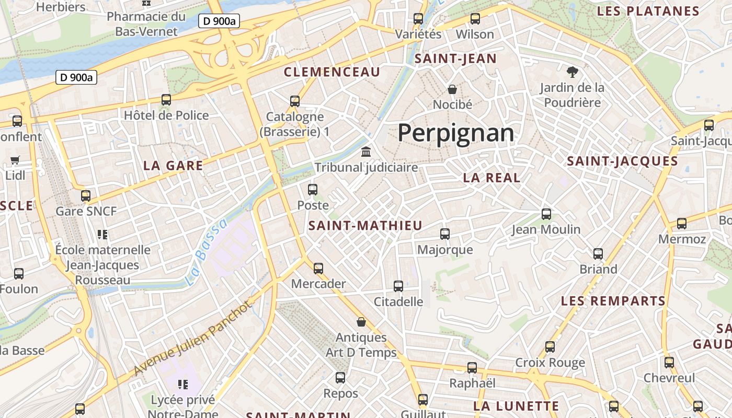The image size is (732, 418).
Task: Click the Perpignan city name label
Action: click(456, 133)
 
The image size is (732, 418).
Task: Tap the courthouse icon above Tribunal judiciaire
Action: click(366, 152)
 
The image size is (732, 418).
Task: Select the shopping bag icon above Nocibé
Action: click(452, 89)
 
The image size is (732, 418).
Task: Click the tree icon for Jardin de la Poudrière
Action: click(572, 72)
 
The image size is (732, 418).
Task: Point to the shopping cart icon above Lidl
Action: click(15, 160)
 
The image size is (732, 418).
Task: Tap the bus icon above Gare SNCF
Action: click(86, 196)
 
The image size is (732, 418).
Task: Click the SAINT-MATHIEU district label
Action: click(365, 226)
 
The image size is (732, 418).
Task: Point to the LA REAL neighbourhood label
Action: click(491, 178)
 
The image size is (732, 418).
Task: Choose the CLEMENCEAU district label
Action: click(332, 72)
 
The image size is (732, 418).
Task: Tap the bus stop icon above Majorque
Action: click(445, 234)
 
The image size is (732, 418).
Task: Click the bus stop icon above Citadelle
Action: click(398, 286)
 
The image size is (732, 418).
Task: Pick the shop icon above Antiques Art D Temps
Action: click(361, 322)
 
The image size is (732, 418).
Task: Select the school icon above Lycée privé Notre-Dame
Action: click(182, 385)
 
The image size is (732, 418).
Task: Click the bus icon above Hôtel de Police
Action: click(166, 100)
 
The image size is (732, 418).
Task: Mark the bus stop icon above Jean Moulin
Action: click(546, 214)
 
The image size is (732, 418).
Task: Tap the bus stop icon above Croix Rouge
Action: click(550, 347)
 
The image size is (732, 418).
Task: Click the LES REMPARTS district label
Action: click(613, 301)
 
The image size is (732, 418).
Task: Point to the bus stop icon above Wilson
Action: click(475, 19)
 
